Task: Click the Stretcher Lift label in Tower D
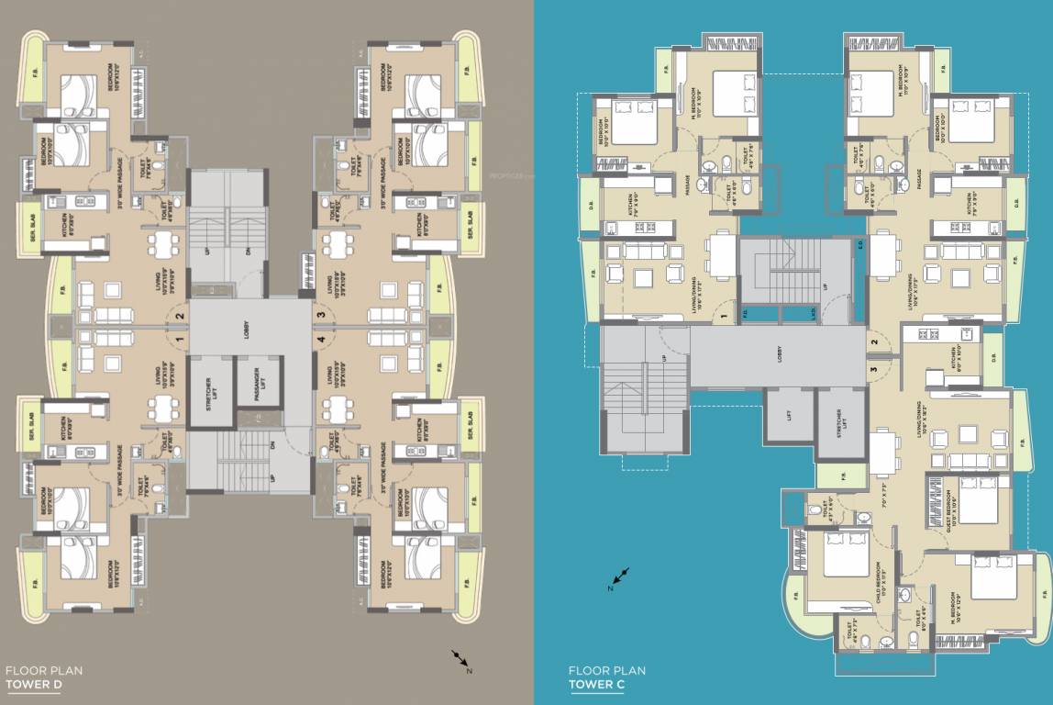pos(208,392)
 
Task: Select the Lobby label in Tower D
pos(246,334)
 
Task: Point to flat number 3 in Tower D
pos(320,317)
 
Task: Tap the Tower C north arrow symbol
pos(621,576)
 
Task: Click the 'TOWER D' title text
pos(33,685)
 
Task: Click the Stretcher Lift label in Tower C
pos(838,423)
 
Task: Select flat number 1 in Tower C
pos(724,318)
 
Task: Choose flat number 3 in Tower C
pos(874,370)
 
